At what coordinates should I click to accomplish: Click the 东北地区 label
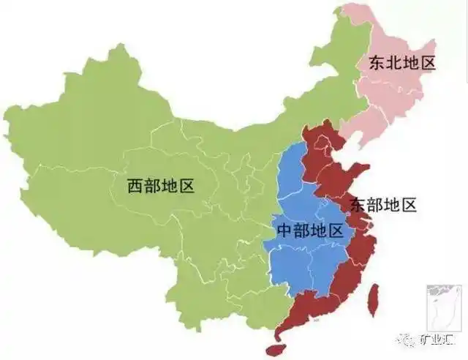tap(396, 63)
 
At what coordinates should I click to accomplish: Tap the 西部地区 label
tap(161, 186)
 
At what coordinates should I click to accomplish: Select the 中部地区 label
tap(309, 231)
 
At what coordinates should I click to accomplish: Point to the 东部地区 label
tap(382, 204)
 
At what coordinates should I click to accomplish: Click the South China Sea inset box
tap(442, 307)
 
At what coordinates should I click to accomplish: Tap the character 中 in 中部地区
tap(284, 231)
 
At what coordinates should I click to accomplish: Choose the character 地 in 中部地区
tap(318, 231)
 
